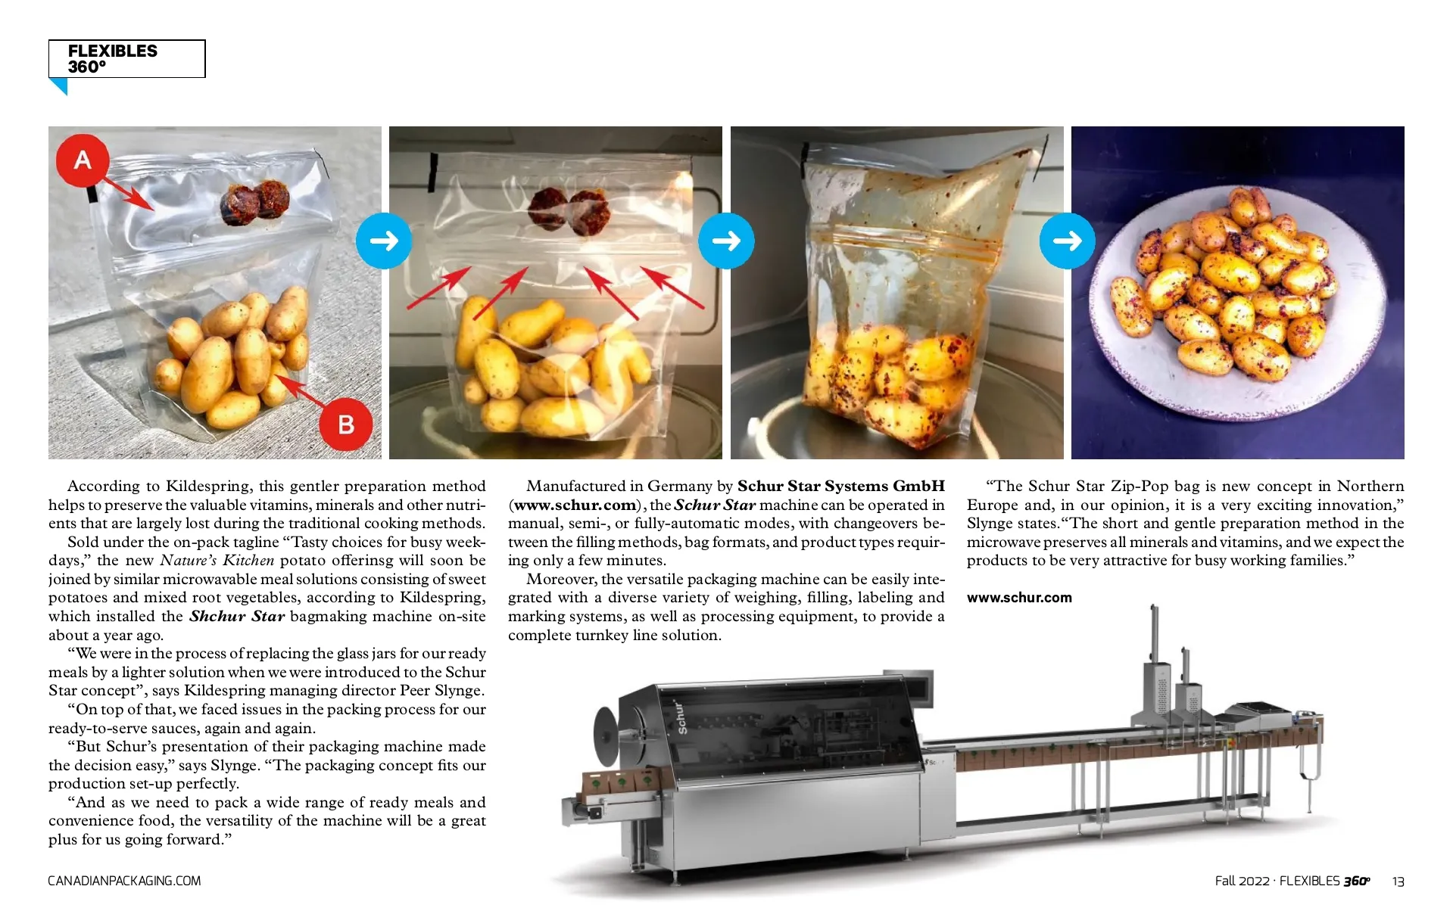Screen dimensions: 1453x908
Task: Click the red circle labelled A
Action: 83,160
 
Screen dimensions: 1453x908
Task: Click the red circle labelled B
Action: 346,424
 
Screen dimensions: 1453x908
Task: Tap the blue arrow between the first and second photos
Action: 384,241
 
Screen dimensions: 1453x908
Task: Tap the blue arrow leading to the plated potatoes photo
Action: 1068,241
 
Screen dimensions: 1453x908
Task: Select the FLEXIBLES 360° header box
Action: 126,58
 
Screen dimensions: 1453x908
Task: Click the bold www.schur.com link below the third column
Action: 1019,598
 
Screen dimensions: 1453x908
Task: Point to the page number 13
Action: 1398,882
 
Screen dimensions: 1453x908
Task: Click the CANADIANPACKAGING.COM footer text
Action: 124,881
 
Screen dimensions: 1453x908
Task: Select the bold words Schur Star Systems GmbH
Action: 841,486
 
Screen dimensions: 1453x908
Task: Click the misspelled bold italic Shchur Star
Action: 237,616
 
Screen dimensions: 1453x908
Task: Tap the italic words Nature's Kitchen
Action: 217,560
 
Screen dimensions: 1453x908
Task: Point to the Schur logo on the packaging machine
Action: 681,717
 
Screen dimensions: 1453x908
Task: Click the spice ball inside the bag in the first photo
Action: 251,203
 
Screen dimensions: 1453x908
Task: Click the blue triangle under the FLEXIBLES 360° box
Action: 58,86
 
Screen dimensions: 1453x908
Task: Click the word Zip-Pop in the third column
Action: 1140,487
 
